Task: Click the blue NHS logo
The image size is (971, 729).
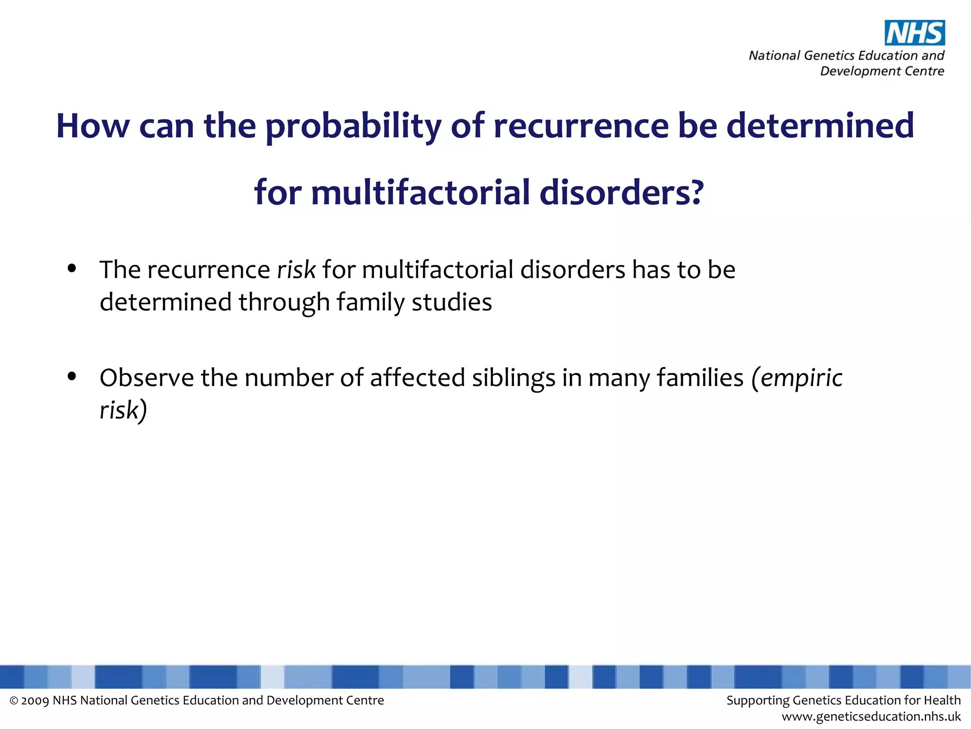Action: [x=915, y=33]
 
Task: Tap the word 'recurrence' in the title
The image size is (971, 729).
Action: [x=581, y=126]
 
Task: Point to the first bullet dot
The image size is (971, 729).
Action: [x=72, y=269]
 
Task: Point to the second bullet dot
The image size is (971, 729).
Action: [x=72, y=376]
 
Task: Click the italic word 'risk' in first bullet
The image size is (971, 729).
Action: [x=296, y=270]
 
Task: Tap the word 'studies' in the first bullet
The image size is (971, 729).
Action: [x=451, y=302]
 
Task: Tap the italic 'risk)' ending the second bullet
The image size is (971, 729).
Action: [x=123, y=410]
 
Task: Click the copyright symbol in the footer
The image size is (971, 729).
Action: [x=14, y=701]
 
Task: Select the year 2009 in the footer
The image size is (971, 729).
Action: [x=35, y=701]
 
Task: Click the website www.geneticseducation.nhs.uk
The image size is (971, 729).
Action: [x=871, y=716]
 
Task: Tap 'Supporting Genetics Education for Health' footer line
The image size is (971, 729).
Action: [x=843, y=700]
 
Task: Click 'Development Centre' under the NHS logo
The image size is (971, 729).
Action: [x=882, y=71]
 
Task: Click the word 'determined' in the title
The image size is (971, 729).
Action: [x=820, y=126]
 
